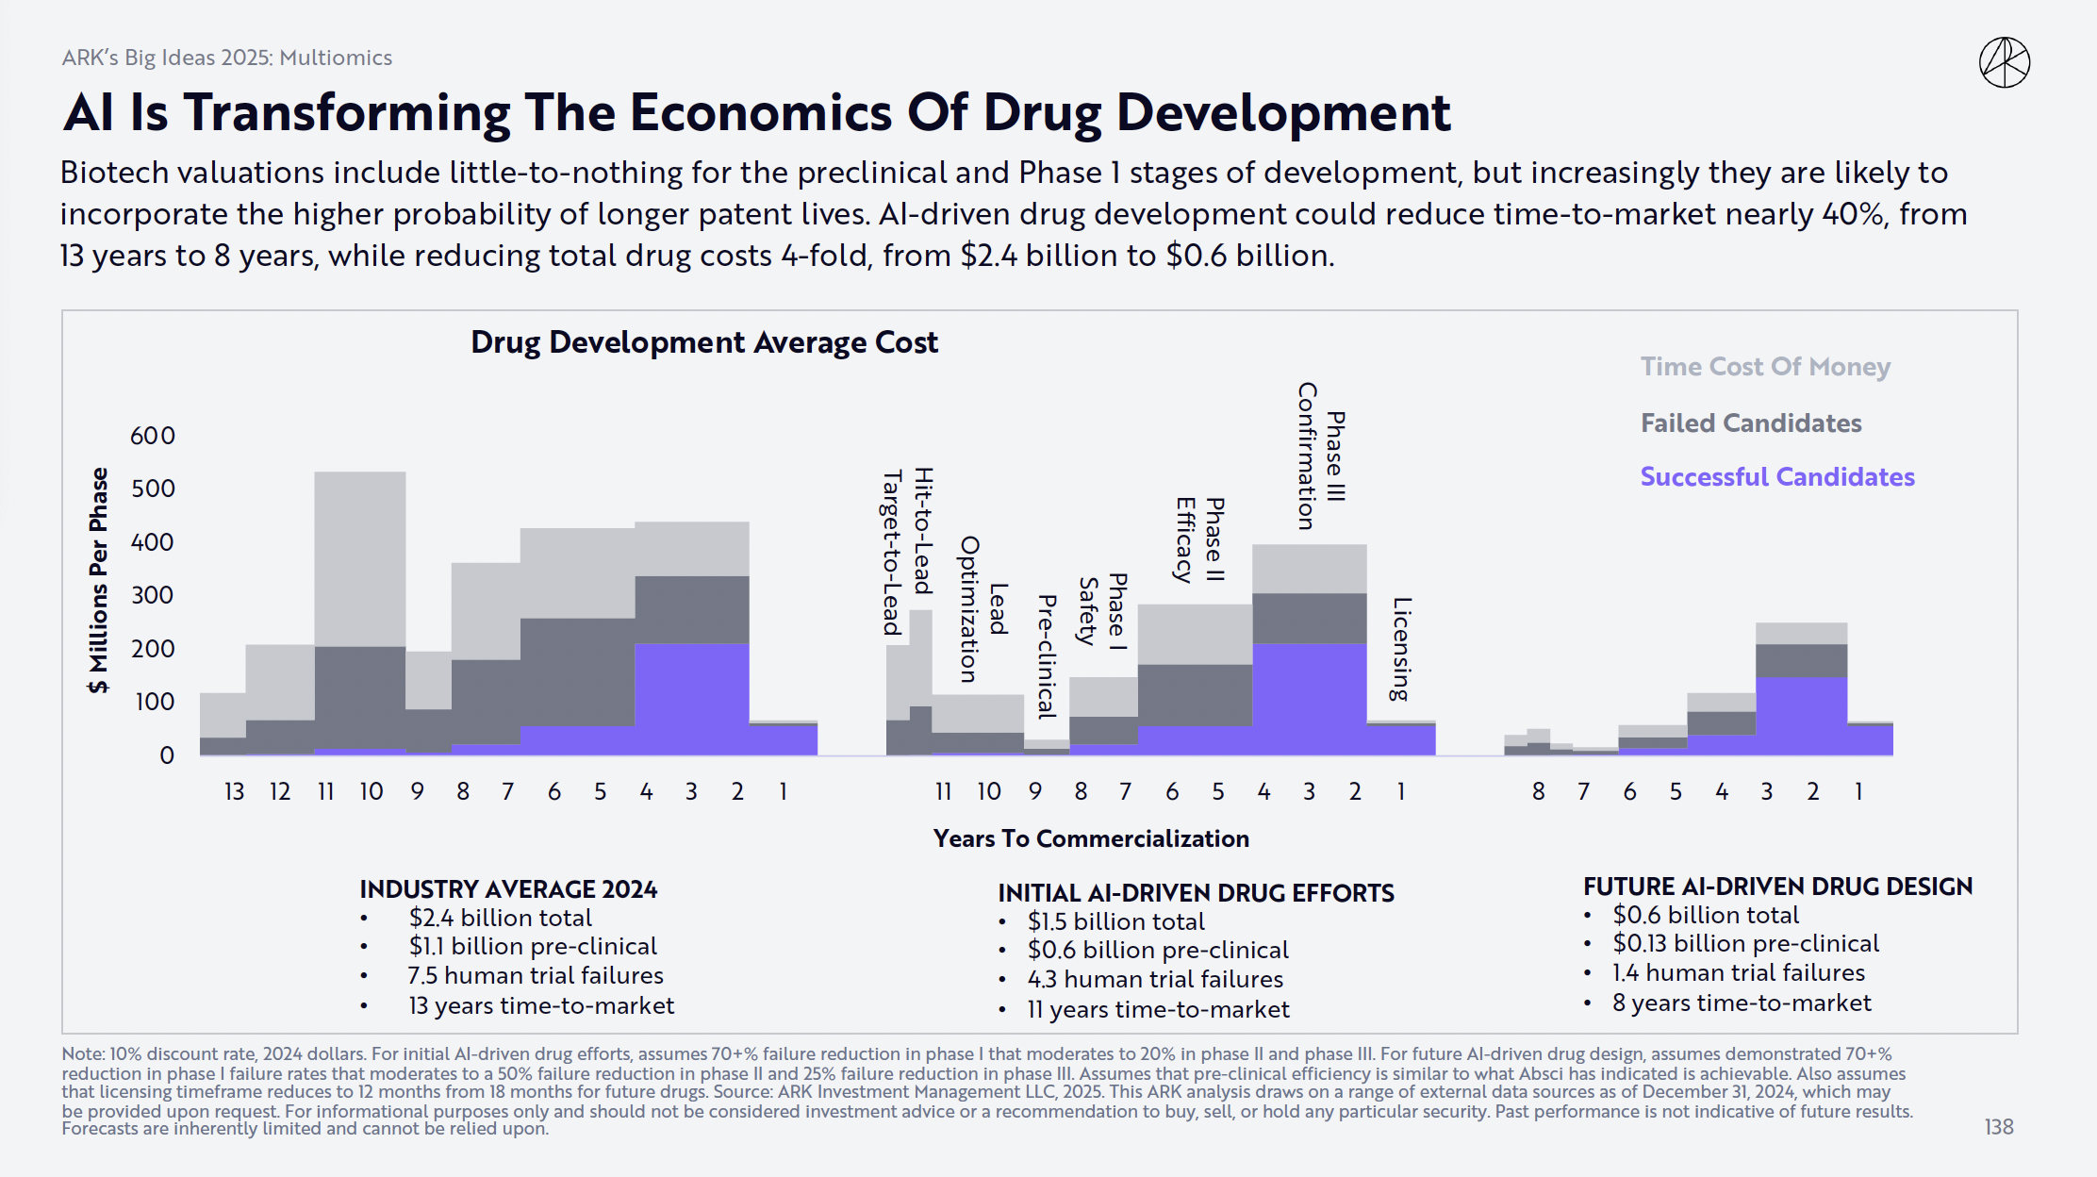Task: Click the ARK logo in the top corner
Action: pos(2004,63)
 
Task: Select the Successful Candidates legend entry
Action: pos(1776,477)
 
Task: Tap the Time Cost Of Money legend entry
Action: pos(1765,367)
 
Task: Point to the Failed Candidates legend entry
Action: pos(1751,423)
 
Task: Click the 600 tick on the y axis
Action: pos(153,436)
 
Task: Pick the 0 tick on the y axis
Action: pos(167,755)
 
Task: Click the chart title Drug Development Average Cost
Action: pos(703,342)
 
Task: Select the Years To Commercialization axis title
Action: pos(1090,838)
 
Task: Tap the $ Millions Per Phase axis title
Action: pos(98,580)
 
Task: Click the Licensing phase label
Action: pos(1401,649)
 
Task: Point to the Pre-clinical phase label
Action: pos(1047,656)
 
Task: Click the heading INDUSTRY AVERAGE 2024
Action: pos(508,889)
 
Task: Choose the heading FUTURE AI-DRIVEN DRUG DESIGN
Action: pos(1777,887)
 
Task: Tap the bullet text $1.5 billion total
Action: pos(1115,921)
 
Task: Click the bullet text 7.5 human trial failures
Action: pos(535,975)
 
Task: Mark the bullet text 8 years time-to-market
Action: pos(1741,1003)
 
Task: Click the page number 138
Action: pos(1998,1127)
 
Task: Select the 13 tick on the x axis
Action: pos(234,791)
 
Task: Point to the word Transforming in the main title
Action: pos(346,113)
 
